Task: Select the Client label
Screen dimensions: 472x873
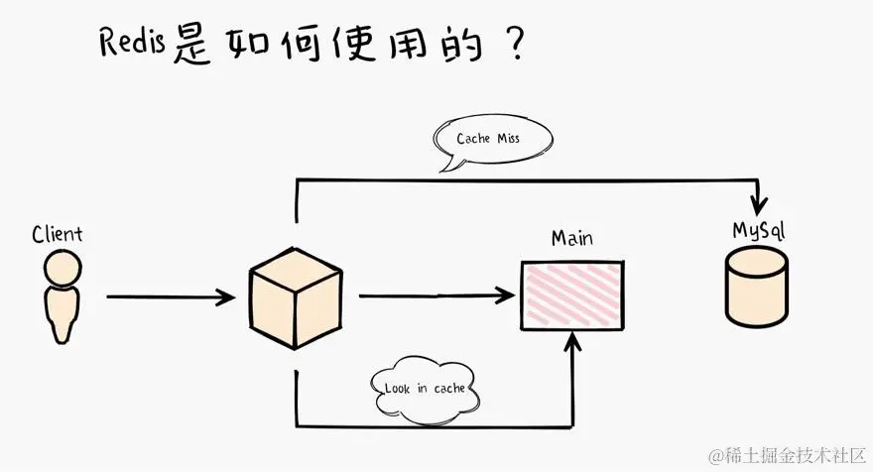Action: pos(57,235)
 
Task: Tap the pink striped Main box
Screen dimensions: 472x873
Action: pos(572,295)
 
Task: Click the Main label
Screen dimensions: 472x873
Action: pos(572,239)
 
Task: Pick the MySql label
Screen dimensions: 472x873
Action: pos(759,231)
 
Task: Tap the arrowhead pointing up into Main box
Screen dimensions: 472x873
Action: pos(572,342)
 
